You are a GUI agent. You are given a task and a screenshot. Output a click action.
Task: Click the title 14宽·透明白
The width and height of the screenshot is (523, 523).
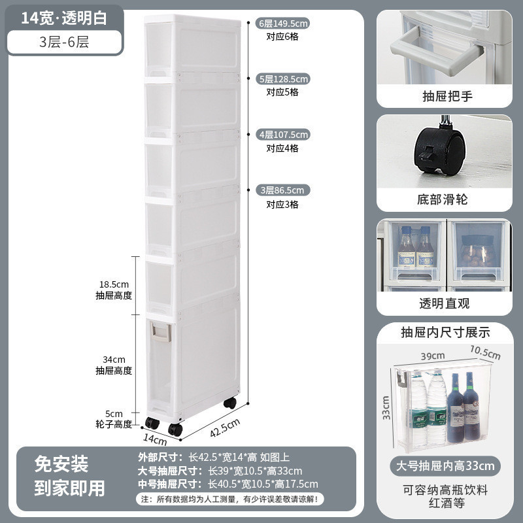tap(63, 18)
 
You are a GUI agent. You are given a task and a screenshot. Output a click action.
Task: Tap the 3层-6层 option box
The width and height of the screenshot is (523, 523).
tap(64, 43)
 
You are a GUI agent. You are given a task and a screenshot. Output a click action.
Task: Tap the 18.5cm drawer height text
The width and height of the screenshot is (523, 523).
tap(114, 285)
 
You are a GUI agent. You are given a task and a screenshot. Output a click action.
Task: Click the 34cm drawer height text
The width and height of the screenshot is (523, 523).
tap(114, 360)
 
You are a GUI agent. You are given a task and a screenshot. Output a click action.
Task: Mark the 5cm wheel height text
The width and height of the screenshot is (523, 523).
tap(114, 414)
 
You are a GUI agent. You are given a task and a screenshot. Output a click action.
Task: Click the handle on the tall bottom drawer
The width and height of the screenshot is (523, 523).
tap(160, 333)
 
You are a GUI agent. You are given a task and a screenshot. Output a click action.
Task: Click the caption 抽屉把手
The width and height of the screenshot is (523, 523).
tap(444, 97)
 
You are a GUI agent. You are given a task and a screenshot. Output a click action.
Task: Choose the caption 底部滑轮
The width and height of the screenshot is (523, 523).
tap(444, 199)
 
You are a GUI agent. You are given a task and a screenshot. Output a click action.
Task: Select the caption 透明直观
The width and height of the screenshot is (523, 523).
tap(444, 303)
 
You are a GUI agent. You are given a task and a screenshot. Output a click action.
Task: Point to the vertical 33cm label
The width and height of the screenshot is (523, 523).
tap(387, 406)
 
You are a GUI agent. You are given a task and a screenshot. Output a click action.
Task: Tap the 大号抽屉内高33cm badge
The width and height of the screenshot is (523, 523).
tap(445, 465)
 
